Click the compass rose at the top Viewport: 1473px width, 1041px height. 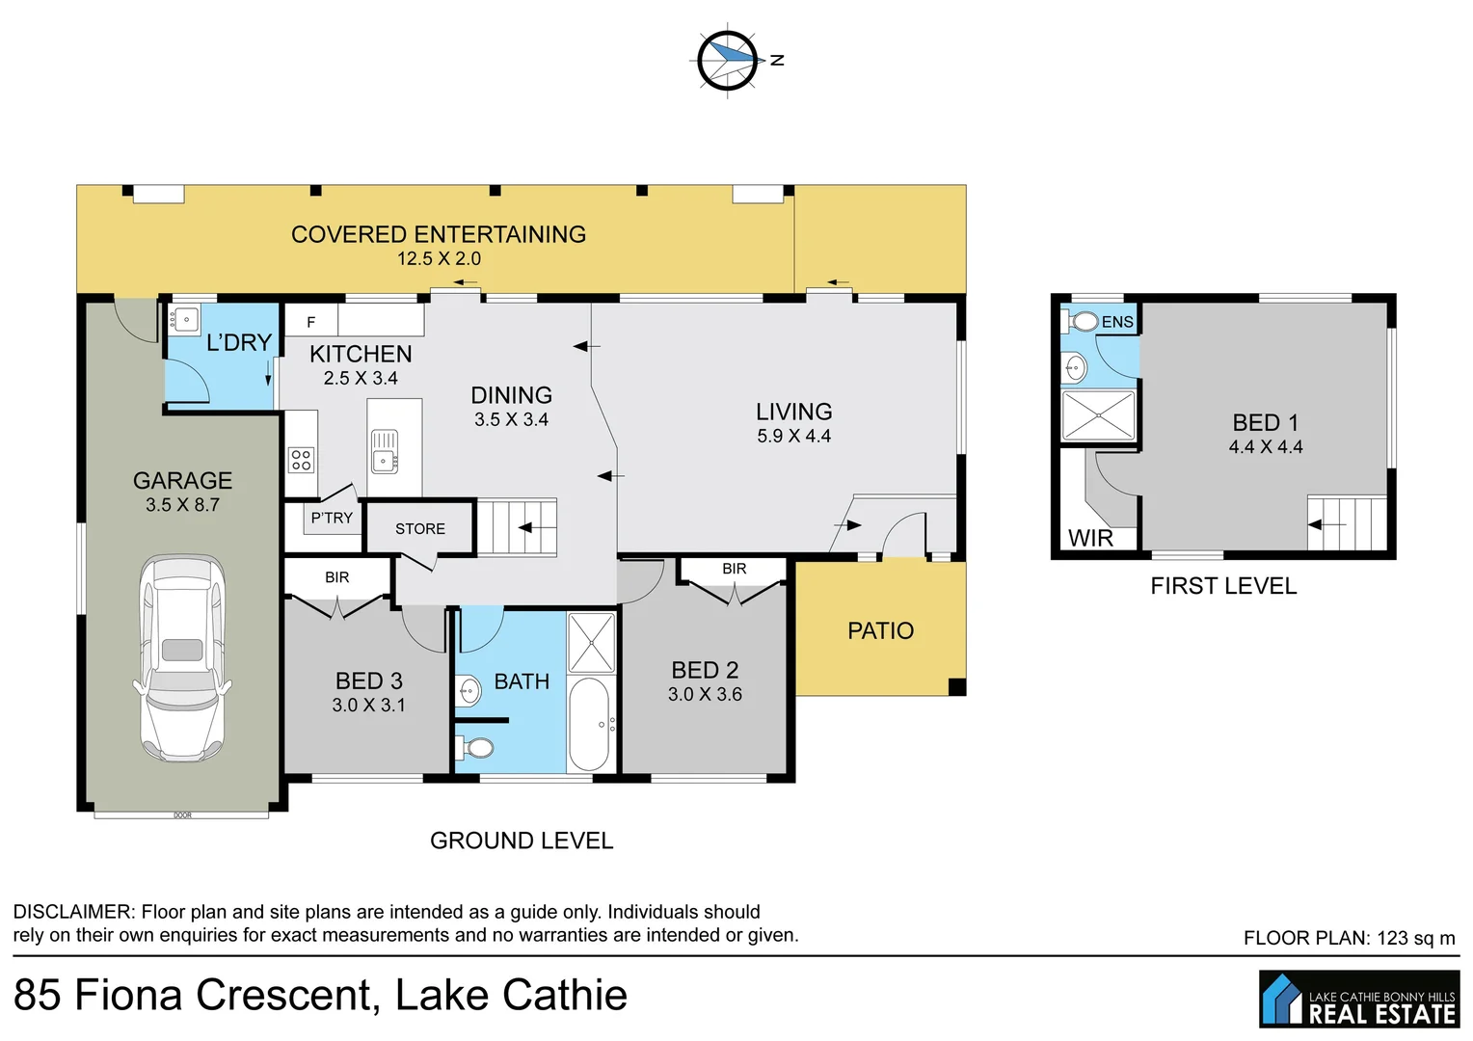pos(727,61)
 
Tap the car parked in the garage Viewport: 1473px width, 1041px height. pos(182,658)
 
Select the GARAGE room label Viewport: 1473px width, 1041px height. pos(182,480)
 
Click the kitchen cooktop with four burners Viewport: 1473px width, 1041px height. pos(301,460)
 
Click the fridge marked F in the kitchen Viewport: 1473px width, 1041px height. pos(310,322)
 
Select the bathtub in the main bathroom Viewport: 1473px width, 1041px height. pos(589,724)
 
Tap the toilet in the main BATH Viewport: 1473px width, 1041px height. pos(476,747)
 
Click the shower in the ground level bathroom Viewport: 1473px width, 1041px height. pos(591,642)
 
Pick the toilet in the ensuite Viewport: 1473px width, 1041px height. pos(1083,321)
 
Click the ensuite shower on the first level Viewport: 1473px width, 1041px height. pos(1098,414)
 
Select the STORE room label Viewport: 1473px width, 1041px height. pos(420,529)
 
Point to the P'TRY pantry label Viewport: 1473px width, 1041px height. pos(332,518)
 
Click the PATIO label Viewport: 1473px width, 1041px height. pos(880,630)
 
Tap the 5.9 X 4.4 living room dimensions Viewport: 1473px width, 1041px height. pos(793,436)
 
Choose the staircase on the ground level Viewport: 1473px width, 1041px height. pos(518,527)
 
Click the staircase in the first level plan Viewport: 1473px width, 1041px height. pos(1346,523)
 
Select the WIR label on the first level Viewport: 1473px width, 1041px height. pos(1090,538)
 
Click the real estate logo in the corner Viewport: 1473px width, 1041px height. pos(1358,999)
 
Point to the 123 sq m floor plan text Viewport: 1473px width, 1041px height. pos(1349,938)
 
